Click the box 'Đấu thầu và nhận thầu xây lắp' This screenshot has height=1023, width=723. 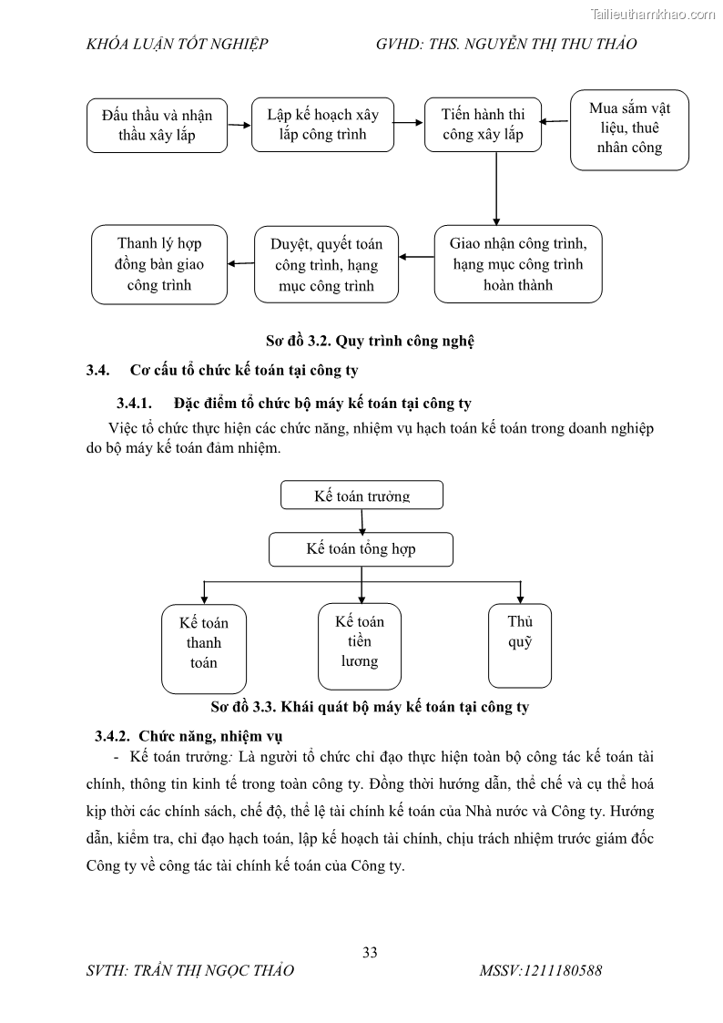coord(158,127)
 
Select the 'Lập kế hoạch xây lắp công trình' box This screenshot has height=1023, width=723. coord(322,125)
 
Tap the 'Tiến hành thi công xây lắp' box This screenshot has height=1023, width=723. coord(483,125)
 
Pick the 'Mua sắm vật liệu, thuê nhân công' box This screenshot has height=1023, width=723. coord(629,129)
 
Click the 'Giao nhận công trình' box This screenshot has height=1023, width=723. coord(517,264)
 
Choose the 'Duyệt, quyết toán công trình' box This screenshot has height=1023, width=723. coord(326,264)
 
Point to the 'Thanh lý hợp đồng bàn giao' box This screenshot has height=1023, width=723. coord(159,264)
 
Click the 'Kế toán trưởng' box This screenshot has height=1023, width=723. coord(361,496)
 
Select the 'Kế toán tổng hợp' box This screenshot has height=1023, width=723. coord(361,549)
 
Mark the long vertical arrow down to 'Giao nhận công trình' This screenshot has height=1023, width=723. coord(496,188)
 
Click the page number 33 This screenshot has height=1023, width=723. coord(370,953)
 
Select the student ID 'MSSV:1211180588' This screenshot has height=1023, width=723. coord(540,971)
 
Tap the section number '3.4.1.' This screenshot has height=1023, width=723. coord(137,404)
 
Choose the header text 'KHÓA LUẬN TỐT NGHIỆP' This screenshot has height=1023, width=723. coord(177,44)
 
